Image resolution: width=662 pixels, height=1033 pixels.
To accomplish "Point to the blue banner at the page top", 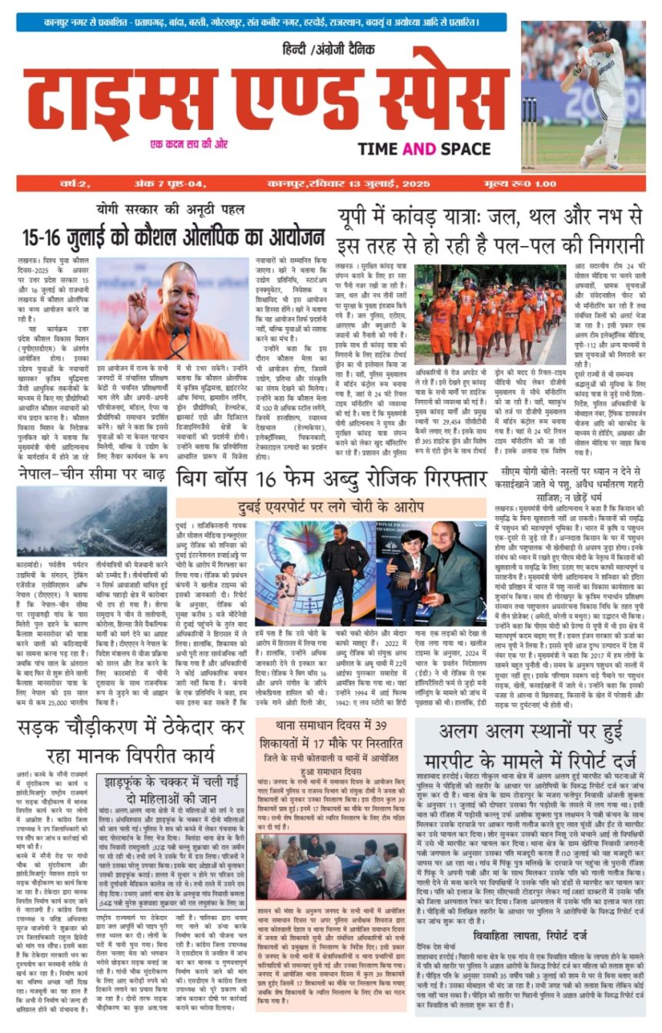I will [x=262, y=22].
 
